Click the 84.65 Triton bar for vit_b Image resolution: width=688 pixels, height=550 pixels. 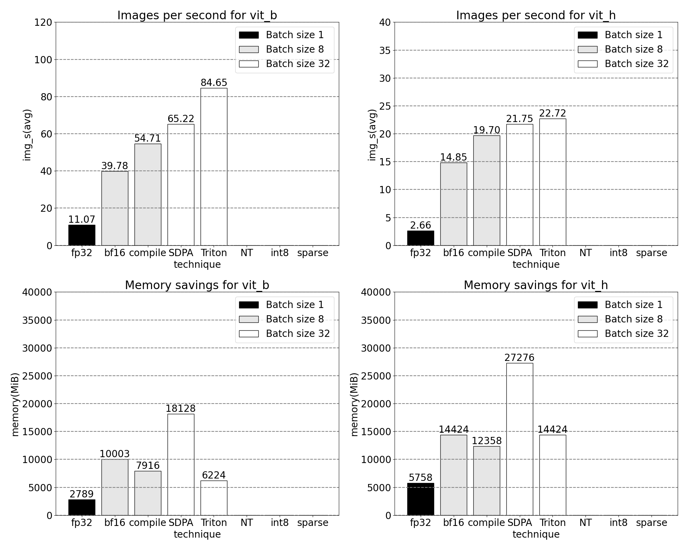(214, 167)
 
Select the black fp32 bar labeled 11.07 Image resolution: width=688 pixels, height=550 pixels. (82, 235)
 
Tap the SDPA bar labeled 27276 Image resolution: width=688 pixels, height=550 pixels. (519, 439)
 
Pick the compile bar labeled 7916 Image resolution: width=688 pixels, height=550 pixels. (148, 493)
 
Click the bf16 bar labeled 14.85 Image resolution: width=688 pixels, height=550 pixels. (453, 204)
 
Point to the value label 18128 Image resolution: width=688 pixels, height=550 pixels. (181, 408)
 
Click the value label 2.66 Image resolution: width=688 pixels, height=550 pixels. (420, 225)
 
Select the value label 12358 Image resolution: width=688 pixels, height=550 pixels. (486, 441)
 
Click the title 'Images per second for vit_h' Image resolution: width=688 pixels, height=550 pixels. (536, 15)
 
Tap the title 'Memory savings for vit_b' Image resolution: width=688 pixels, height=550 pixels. (197, 285)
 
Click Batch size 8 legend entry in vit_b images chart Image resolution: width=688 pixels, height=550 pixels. (281, 49)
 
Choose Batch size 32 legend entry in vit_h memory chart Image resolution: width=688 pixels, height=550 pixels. (623, 333)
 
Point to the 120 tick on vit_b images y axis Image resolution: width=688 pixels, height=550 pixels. (43, 23)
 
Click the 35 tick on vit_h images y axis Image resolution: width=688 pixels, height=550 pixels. (385, 51)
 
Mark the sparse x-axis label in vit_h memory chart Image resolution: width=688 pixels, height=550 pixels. (651, 522)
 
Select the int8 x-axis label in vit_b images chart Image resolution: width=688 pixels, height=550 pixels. (279, 253)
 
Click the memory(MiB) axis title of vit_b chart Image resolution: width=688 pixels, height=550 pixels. (15, 404)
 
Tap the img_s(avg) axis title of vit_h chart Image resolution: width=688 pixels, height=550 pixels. (372, 135)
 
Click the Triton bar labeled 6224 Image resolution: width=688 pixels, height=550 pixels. (214, 498)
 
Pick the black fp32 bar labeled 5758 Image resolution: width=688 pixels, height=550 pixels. (420, 499)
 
